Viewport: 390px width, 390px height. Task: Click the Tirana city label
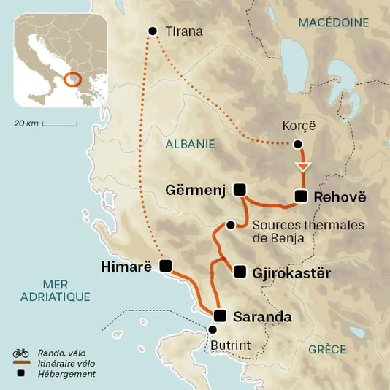pyautogui.click(x=183, y=31)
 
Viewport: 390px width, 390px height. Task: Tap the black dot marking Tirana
pyautogui.click(x=153, y=31)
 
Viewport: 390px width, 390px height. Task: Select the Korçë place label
pyautogui.click(x=297, y=126)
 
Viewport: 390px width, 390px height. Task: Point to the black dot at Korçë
pyautogui.click(x=297, y=144)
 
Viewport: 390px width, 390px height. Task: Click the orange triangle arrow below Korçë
pyautogui.click(x=302, y=167)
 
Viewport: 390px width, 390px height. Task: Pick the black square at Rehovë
pyautogui.click(x=300, y=196)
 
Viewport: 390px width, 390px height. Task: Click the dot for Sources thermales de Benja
pyautogui.click(x=231, y=225)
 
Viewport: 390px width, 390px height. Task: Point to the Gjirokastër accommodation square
pyautogui.click(x=240, y=272)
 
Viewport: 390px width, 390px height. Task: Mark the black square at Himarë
pyautogui.click(x=166, y=265)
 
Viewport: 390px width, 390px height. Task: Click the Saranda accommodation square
pyautogui.click(x=220, y=316)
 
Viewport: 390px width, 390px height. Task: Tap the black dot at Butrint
pyautogui.click(x=213, y=329)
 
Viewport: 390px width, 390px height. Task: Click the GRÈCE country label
pyautogui.click(x=326, y=349)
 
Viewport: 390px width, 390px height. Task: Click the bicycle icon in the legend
pyautogui.click(x=20, y=353)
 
